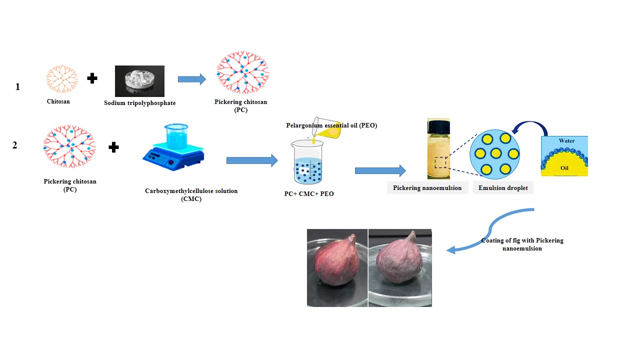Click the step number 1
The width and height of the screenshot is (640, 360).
(x=17, y=86)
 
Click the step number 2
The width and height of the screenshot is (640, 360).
(x=15, y=145)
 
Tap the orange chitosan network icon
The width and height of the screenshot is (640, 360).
(x=62, y=79)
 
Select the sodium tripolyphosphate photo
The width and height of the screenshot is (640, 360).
(x=139, y=81)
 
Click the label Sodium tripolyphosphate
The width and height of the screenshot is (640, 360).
(x=140, y=103)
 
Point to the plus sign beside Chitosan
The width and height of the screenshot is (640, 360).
(x=92, y=78)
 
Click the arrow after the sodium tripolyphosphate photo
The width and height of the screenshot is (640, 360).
(x=191, y=79)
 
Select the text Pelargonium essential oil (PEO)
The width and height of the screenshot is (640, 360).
(x=331, y=125)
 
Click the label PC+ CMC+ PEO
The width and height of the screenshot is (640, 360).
(x=308, y=193)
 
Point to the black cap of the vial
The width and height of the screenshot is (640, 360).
(x=438, y=122)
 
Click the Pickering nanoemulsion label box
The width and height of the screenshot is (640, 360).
(x=427, y=188)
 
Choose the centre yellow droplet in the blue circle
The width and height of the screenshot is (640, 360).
(x=495, y=153)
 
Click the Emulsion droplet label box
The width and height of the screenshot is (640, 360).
(x=503, y=188)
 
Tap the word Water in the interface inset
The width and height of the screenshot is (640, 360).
(x=566, y=140)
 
